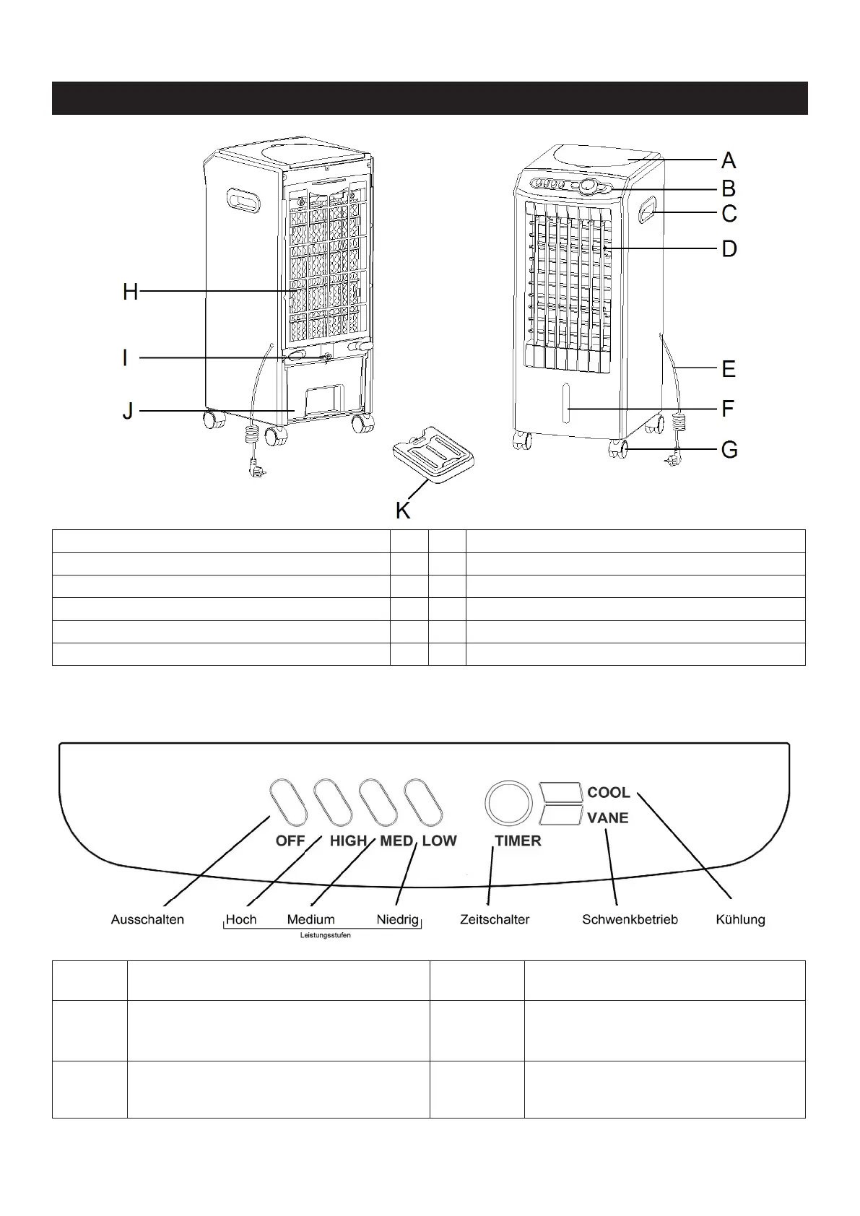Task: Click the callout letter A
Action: [x=729, y=160]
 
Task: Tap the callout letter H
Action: [x=130, y=292]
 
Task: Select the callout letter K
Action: [x=403, y=511]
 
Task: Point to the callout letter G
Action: [x=729, y=450]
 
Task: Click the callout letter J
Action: [x=127, y=412]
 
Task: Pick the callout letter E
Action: [x=729, y=369]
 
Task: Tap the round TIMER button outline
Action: [x=508, y=802]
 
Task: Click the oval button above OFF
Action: [x=288, y=802]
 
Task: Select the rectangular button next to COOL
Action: [x=560, y=791]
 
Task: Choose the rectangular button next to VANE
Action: [x=560, y=817]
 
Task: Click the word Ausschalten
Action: [x=147, y=919]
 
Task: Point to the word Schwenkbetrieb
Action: [x=630, y=919]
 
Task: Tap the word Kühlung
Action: [x=740, y=919]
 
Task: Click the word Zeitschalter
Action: [x=495, y=919]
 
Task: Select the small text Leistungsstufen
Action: [x=325, y=935]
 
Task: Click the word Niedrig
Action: [x=397, y=919]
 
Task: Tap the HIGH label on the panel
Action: [x=348, y=841]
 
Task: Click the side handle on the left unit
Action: [x=244, y=201]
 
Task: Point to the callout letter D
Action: [x=729, y=249]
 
